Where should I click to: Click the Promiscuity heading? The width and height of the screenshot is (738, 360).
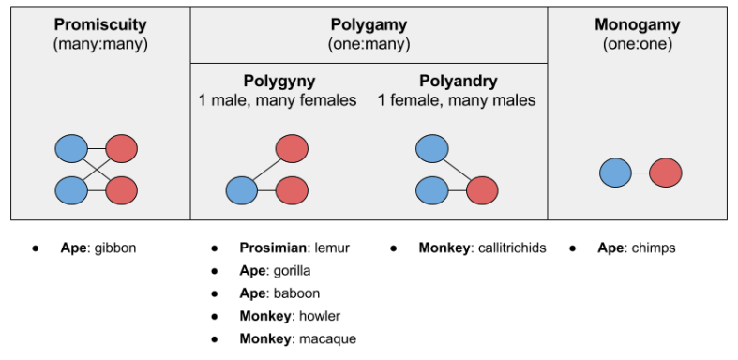click(100, 23)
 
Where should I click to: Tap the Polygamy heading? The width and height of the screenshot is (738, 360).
click(369, 25)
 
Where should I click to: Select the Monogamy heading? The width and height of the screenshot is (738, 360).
click(638, 23)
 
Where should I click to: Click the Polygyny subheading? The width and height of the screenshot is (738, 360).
click(279, 81)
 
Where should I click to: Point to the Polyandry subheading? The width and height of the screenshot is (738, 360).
click(457, 81)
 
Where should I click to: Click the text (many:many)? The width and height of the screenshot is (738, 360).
click(100, 43)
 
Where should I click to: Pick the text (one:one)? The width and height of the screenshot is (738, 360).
click(638, 43)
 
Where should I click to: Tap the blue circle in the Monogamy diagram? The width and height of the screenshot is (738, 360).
click(615, 172)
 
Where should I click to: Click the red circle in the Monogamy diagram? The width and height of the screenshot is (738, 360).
click(666, 172)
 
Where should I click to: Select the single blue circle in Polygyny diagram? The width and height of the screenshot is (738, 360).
click(242, 191)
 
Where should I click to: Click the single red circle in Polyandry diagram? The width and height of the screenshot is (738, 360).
click(482, 191)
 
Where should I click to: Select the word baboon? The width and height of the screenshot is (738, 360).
click(295, 293)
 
